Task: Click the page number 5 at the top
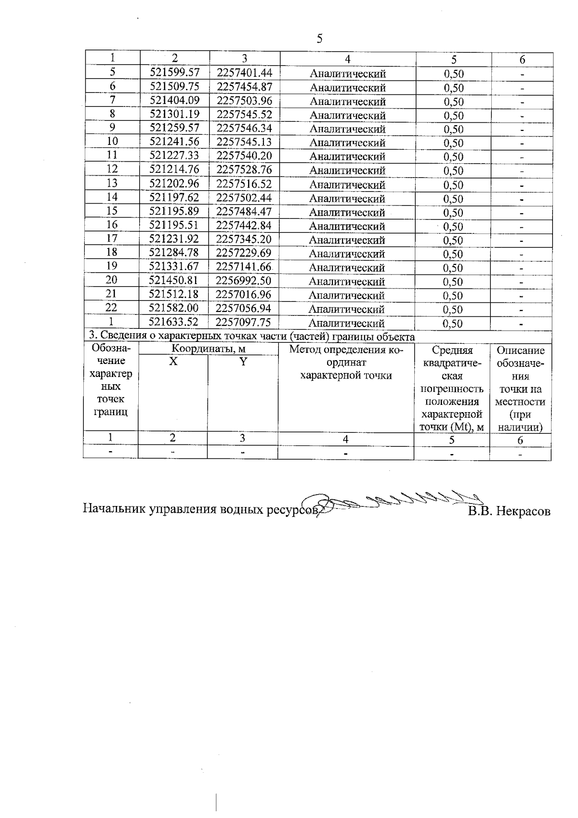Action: point(319,39)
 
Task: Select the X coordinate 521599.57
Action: point(174,72)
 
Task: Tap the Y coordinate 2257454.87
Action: point(244,87)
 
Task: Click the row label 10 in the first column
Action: point(112,141)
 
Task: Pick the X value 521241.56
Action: point(174,142)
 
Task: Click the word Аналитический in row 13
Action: point(347,185)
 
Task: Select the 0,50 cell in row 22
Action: point(453,310)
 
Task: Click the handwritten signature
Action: point(395,503)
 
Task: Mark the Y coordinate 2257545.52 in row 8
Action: point(244,114)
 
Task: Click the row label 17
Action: point(112,238)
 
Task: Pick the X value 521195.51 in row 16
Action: point(174,225)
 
